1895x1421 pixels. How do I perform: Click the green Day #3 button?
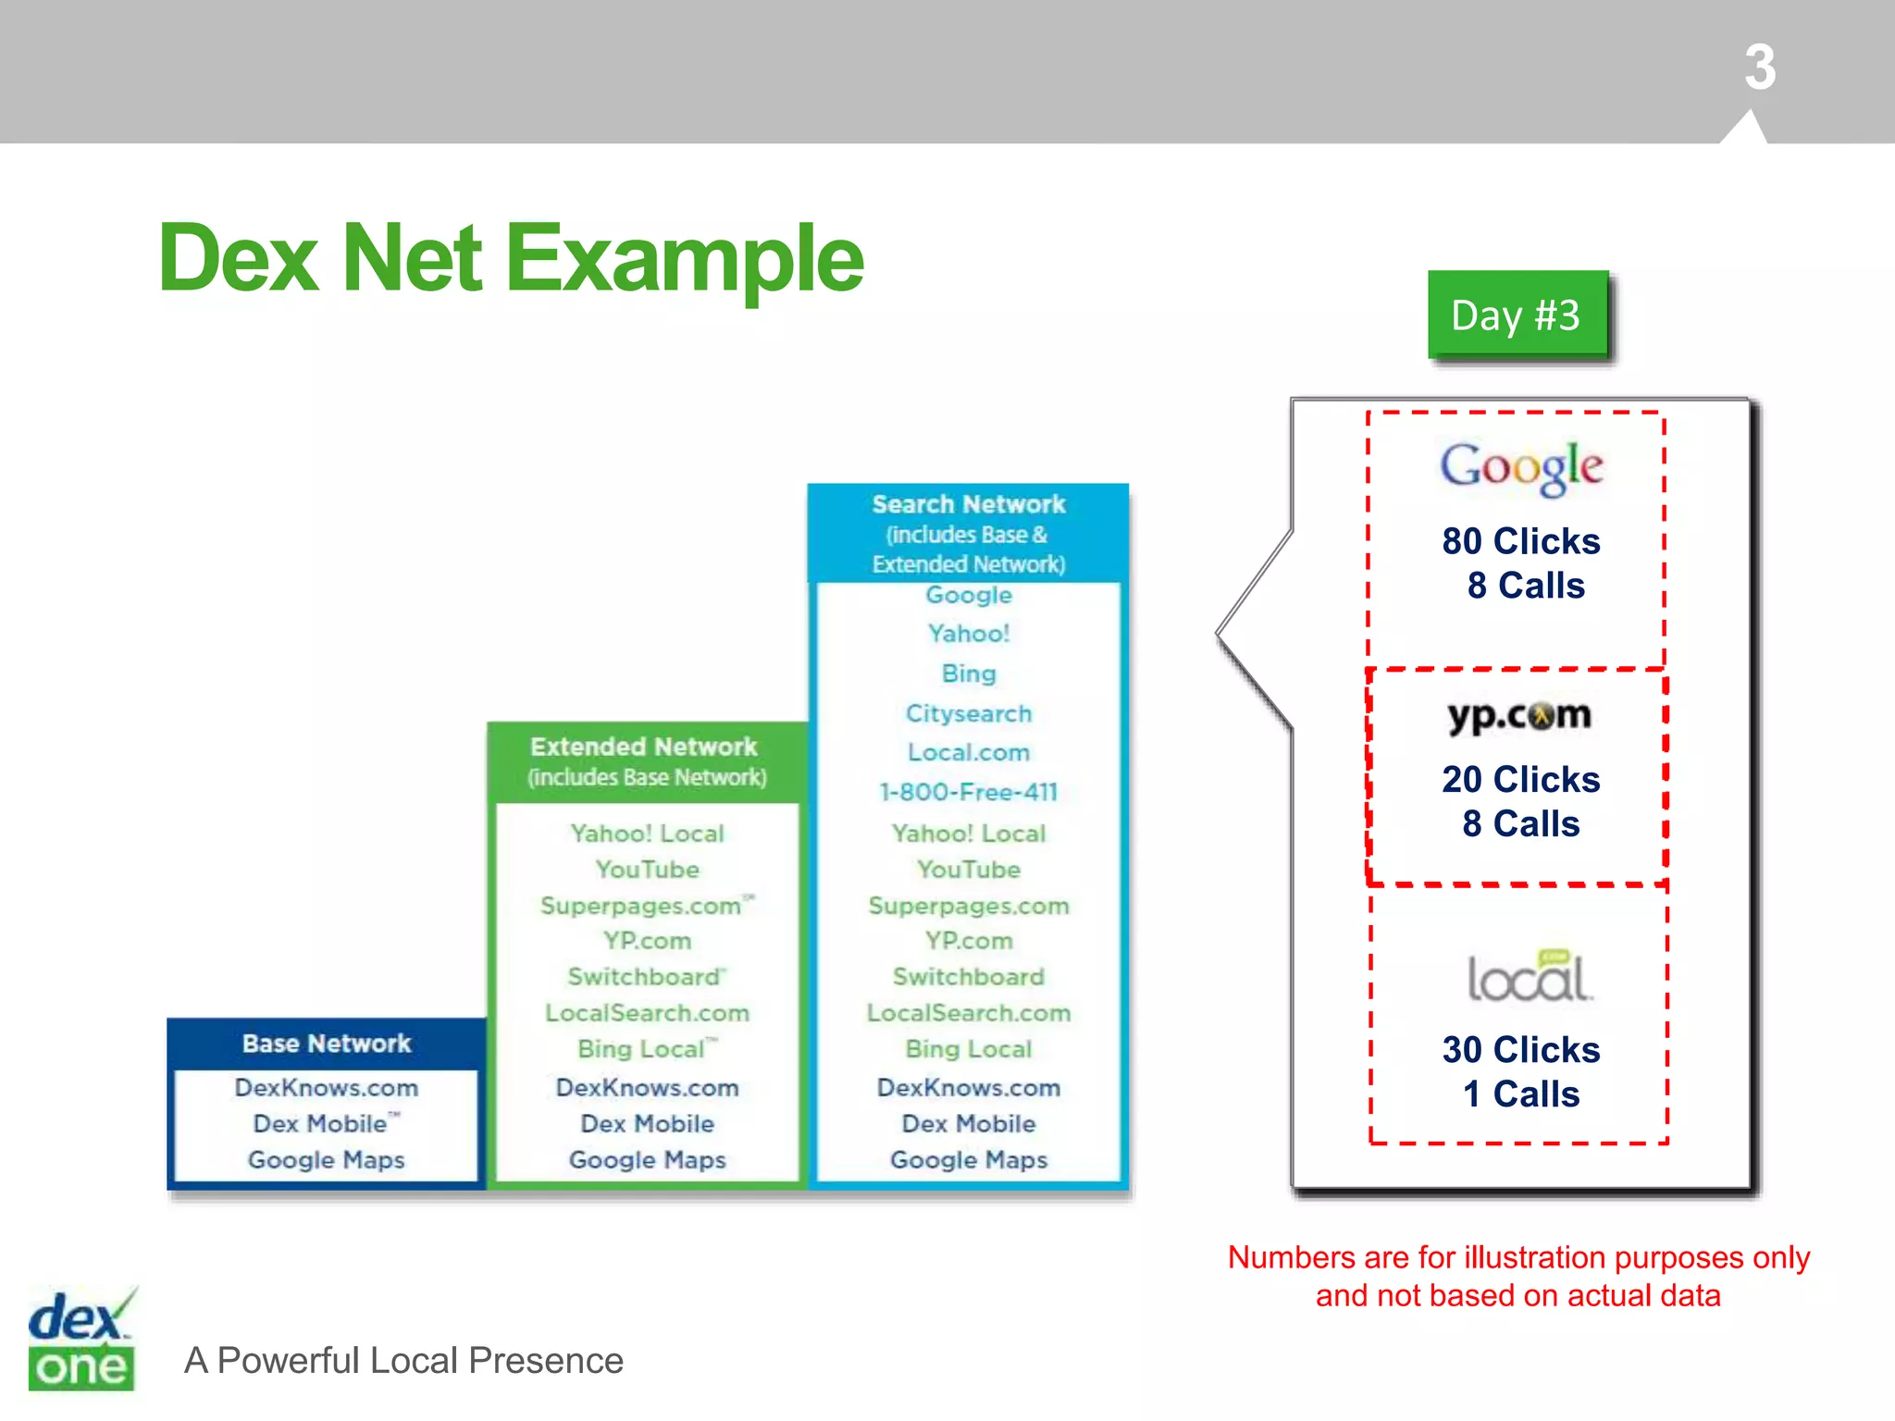click(1517, 315)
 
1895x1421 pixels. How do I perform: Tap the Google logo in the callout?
click(1520, 467)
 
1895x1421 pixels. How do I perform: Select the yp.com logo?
click(1519, 716)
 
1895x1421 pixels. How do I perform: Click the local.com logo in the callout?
click(1529, 977)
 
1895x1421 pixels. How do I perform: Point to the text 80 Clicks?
click(1520, 541)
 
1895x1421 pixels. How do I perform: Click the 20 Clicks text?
click(1520, 780)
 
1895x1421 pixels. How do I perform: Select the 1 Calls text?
click(1520, 1094)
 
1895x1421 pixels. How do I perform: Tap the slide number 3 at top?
click(1760, 68)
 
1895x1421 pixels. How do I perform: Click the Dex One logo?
click(81, 1341)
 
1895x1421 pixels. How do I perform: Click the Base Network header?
click(327, 1044)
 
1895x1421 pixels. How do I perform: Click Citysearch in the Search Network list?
click(969, 713)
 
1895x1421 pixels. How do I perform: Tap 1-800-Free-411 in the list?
click(969, 792)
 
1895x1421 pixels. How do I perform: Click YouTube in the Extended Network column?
click(648, 870)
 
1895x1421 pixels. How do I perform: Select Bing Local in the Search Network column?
click(969, 1049)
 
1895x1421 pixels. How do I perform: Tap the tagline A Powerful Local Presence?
click(403, 1361)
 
